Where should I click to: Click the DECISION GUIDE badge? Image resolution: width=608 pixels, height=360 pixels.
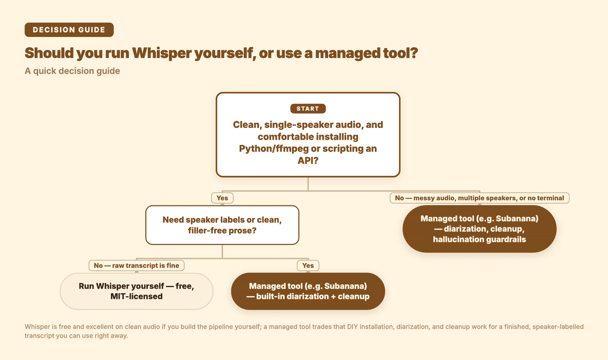69,30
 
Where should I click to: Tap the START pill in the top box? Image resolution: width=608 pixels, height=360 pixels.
308,109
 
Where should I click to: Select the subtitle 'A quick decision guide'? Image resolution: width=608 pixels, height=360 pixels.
72,71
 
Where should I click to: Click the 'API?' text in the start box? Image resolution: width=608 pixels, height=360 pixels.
308,161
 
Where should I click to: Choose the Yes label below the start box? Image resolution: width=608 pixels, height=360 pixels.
222,198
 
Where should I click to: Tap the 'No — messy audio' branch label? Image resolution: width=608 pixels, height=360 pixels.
479,198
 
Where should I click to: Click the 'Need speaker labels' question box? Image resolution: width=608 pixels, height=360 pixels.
222,225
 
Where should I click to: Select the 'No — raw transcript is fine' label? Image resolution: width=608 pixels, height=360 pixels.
137,266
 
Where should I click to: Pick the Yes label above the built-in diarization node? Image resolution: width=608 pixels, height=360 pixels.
308,266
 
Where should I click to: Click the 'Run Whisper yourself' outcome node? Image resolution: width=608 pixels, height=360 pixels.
137,291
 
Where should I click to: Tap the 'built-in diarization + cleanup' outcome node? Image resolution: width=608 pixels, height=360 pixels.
308,291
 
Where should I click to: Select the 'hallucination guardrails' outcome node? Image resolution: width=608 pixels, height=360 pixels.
479,229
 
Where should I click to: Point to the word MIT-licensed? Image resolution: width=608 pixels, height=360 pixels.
137,296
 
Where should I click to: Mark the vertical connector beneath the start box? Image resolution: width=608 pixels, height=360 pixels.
308,184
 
